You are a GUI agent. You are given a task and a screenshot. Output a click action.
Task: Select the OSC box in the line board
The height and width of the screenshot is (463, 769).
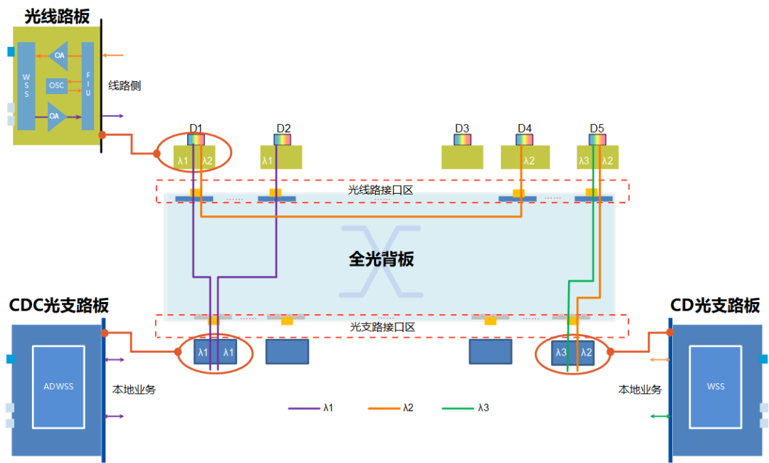tap(57, 85)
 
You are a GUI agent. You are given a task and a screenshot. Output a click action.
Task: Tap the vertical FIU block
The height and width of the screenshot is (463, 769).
tap(88, 85)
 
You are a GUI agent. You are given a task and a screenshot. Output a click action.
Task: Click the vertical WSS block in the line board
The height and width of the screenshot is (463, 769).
tap(26, 85)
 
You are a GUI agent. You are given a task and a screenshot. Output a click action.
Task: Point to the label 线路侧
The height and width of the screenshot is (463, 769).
tap(125, 85)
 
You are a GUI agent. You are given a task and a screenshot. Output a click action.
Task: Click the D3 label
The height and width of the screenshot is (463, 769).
tap(462, 128)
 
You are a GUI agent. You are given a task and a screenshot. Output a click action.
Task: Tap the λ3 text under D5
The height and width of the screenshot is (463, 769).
tap(584, 161)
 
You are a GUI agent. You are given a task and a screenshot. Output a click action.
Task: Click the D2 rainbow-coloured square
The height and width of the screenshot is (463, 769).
tap(283, 140)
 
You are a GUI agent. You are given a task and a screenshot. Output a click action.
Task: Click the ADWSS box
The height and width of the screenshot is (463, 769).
tap(58, 387)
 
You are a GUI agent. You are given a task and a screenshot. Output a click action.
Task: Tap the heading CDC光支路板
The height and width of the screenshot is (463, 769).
tap(59, 306)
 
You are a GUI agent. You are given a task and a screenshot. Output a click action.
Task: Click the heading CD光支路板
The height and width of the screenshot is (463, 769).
tap(715, 306)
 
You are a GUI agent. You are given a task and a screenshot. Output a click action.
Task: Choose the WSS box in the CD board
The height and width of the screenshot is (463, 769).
tap(715, 387)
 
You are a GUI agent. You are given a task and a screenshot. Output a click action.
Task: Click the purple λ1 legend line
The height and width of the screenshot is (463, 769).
tap(303, 409)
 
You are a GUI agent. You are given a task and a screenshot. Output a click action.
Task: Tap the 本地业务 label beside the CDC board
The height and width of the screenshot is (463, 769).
tap(135, 390)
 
